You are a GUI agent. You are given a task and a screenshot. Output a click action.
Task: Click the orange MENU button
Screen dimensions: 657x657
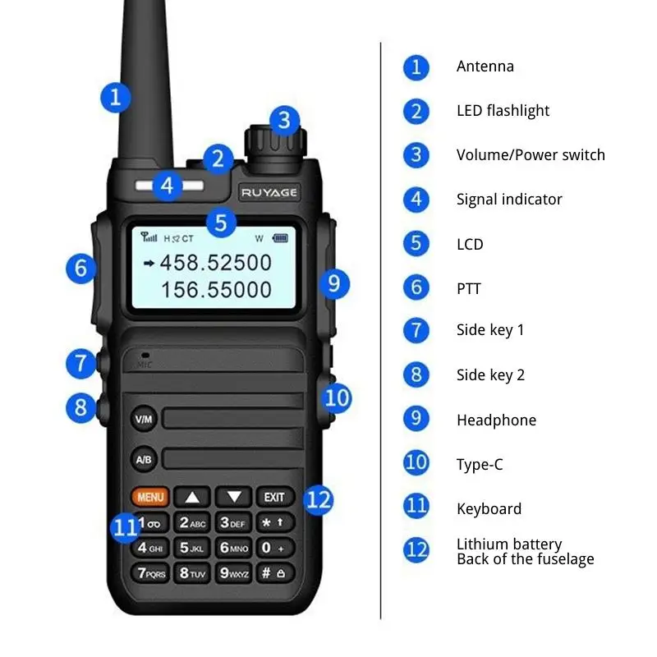point(149,497)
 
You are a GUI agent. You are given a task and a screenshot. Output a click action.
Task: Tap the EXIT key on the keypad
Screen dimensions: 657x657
point(274,497)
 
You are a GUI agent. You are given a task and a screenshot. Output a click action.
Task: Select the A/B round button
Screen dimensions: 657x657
point(143,459)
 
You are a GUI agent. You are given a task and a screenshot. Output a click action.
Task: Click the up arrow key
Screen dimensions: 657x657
point(191,497)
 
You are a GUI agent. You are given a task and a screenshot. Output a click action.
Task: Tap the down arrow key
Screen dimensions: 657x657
point(233,497)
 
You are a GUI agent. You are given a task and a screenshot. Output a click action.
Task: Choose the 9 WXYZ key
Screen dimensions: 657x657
point(234,572)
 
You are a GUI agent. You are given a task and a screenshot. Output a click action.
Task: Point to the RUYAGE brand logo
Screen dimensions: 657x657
point(269,192)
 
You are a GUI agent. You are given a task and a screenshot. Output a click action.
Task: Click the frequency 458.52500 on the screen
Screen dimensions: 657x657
point(215,263)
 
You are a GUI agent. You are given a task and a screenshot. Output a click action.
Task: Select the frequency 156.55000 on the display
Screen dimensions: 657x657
point(215,289)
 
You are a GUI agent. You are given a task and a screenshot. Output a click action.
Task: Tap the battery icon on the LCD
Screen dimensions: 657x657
point(282,238)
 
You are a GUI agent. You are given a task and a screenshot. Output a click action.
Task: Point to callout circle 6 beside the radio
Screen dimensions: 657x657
point(80,268)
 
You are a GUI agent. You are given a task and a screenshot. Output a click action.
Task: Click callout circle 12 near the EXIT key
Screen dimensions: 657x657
point(319,498)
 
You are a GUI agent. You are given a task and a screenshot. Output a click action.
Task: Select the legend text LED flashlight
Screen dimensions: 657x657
point(503,111)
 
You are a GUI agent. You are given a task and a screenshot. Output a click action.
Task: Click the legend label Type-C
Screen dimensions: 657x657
point(480,465)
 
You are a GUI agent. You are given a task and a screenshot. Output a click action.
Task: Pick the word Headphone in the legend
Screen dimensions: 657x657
point(496,420)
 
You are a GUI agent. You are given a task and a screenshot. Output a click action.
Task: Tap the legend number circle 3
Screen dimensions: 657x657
point(416,154)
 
